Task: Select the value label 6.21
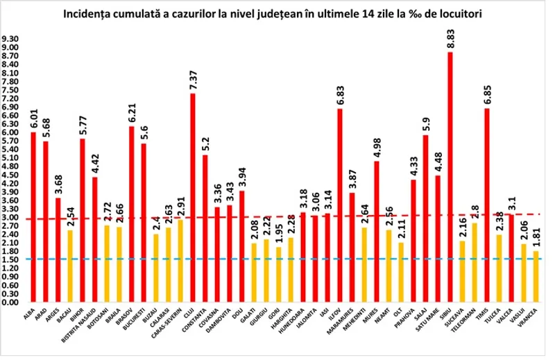(132, 111)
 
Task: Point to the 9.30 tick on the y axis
(10, 39)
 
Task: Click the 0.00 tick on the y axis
(10, 303)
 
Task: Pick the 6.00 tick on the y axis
(10, 132)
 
